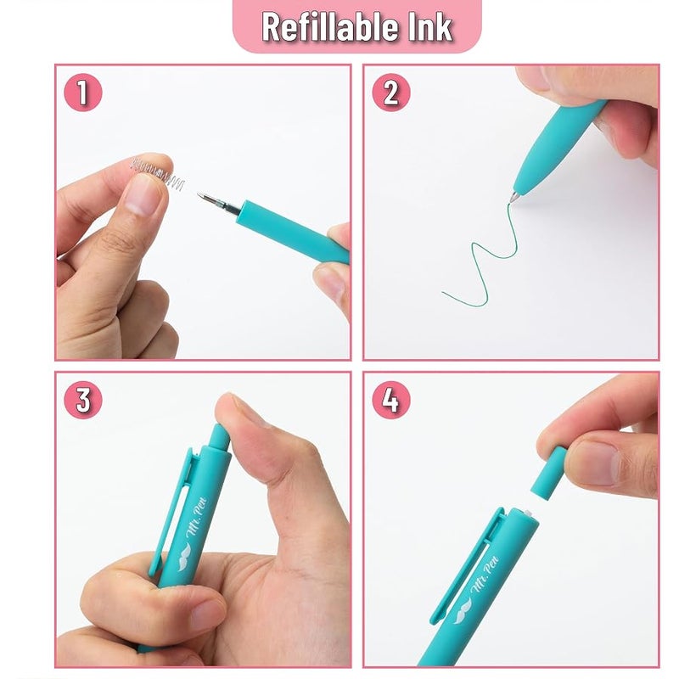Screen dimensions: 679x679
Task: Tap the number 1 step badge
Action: [82, 93]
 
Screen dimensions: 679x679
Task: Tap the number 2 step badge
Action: [391, 93]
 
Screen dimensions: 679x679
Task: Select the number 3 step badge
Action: [82, 400]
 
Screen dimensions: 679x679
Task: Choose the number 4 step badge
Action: [391, 400]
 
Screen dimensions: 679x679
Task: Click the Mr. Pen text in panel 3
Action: [197, 517]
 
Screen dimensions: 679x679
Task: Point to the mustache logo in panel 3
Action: [184, 557]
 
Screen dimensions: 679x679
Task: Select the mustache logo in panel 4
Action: [463, 609]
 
